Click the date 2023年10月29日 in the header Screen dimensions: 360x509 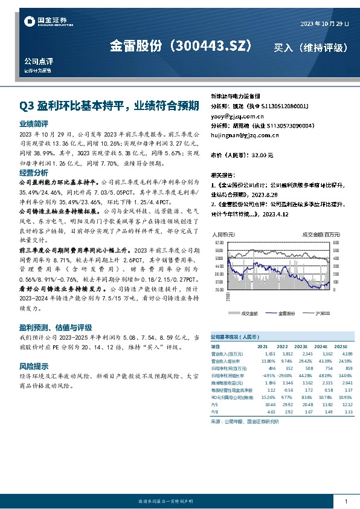point(324,24)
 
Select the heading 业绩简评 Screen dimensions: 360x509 point(34,123)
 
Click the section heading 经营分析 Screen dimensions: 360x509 point(34,172)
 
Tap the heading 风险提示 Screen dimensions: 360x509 point(34,366)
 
